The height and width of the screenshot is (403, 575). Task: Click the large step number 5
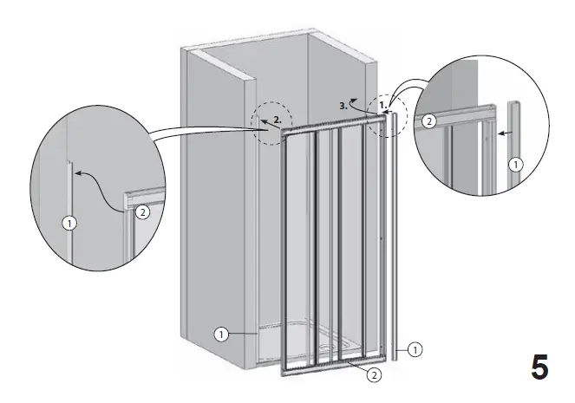point(539,368)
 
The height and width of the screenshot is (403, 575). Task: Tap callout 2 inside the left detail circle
point(143,211)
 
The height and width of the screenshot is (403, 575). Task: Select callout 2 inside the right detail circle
point(428,122)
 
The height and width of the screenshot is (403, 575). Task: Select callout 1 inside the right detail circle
point(515,163)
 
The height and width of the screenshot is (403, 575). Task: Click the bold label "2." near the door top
point(276,119)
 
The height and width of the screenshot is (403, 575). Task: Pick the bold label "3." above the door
point(344,105)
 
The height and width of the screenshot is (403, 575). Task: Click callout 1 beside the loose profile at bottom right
point(415,350)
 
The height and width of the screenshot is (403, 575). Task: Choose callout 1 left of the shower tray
point(223,333)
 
